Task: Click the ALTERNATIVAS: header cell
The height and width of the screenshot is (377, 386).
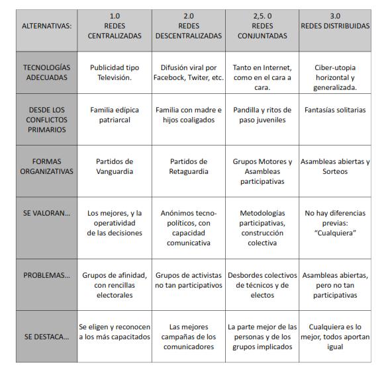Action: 46,26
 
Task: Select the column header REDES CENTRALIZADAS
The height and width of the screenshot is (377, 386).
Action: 115,26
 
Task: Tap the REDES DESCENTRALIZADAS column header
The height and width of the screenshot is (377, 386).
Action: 189,26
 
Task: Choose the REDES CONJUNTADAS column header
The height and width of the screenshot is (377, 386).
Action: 262,26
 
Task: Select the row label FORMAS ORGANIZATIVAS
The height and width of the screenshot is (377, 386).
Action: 46,166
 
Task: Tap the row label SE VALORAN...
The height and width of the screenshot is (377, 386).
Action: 46,214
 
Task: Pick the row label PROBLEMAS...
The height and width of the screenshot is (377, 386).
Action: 46,276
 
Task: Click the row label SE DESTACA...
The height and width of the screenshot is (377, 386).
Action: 46,337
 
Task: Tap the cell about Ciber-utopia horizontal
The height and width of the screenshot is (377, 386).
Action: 336,77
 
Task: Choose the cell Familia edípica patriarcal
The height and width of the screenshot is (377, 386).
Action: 115,115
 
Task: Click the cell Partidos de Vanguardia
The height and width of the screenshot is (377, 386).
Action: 115,166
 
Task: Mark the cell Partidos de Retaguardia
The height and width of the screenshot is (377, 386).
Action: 189,166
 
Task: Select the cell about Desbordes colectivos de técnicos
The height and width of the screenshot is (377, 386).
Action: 262,285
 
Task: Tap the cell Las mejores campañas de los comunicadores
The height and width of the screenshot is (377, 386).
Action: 189,337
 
